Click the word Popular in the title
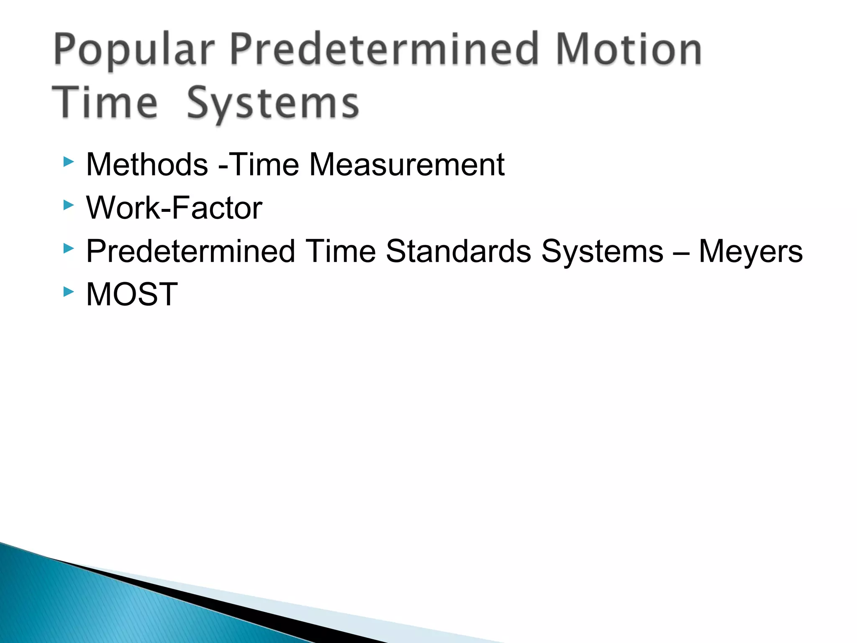pyautogui.click(x=134, y=51)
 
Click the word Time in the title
pyautogui.click(x=105, y=103)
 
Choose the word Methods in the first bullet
pyautogui.click(x=147, y=165)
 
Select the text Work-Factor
pyautogui.click(x=174, y=208)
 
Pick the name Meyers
pyautogui.click(x=751, y=251)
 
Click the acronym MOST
pyautogui.click(x=132, y=295)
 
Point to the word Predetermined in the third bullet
pyautogui.click(x=190, y=251)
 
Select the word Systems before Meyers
pyautogui.click(x=602, y=251)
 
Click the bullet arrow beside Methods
pyautogui.click(x=68, y=162)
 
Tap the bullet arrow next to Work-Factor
pyautogui.click(x=68, y=205)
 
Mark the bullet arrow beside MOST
pyautogui.click(x=68, y=292)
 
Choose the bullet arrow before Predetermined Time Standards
pyautogui.click(x=68, y=249)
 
